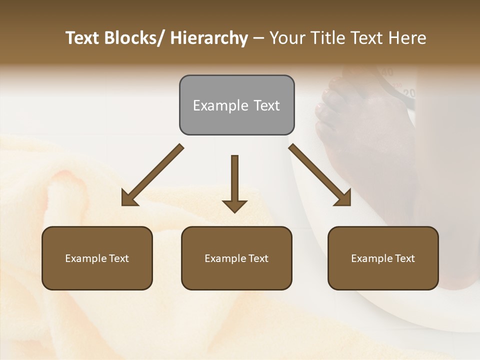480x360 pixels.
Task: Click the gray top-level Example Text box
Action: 236,105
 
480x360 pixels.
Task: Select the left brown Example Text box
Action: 97,258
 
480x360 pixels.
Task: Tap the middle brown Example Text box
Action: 236,258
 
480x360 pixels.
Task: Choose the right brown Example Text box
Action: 383,258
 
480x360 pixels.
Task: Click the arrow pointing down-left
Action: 152,175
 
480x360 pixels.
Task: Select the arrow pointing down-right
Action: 320,175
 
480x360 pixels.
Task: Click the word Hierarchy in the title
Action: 209,38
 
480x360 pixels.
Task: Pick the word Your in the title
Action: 286,38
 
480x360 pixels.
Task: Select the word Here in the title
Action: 407,38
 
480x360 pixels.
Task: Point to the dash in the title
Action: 258,38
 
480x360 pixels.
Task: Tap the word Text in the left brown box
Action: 118,258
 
